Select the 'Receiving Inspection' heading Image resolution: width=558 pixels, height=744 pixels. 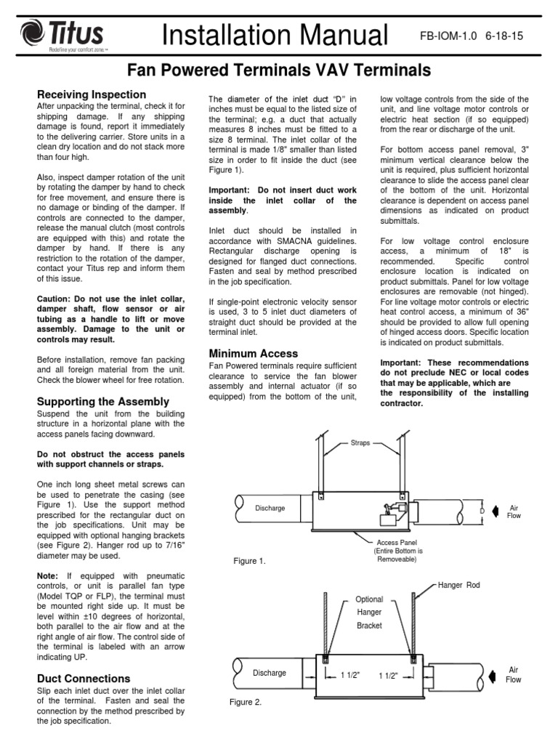92,94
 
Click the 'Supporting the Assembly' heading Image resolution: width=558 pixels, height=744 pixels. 102,401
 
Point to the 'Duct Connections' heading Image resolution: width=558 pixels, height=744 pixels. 83,679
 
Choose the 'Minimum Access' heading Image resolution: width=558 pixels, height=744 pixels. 253,353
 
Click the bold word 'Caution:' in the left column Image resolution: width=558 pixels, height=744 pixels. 57,299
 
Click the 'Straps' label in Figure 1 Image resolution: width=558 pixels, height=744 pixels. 361,442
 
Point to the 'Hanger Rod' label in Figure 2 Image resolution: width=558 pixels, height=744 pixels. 459,585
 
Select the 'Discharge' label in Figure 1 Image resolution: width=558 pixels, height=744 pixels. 270,508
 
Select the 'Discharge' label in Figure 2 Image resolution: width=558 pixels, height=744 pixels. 270,673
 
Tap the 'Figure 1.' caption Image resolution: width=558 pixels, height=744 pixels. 249,562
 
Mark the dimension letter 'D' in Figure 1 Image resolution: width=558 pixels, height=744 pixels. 481,511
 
